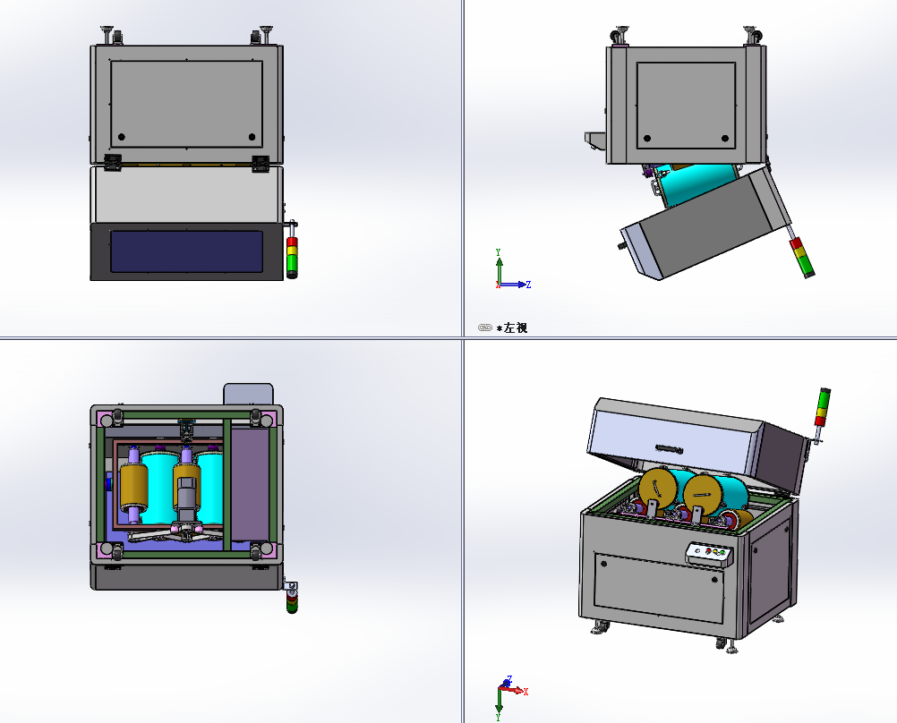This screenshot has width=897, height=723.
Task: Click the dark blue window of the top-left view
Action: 186,251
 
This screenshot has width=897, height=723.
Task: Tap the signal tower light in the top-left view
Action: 292,250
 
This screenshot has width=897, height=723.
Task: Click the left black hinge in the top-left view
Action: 112,163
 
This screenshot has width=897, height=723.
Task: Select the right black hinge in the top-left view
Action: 261,163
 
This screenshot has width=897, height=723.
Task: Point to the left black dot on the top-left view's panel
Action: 121,137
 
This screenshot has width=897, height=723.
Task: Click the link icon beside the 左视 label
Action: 484,327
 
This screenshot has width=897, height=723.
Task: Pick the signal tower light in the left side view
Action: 802,258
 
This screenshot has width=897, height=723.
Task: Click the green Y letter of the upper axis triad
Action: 499,251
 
